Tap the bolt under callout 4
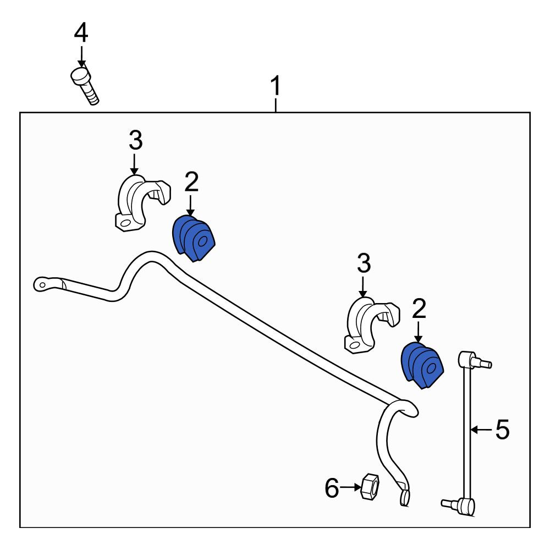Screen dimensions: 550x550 pyautogui.click(x=85, y=86)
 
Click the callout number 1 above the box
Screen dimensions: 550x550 pyautogui.click(x=276, y=86)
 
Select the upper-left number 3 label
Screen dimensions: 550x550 pyautogui.click(x=135, y=140)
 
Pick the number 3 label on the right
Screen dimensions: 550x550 pyautogui.click(x=364, y=263)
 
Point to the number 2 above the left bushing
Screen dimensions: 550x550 pyautogui.click(x=191, y=182)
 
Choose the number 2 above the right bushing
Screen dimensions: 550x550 pyautogui.click(x=419, y=309)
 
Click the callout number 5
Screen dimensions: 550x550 pyautogui.click(x=502, y=430)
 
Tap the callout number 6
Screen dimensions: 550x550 pyautogui.click(x=332, y=488)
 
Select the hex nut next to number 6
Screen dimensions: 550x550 pyautogui.click(x=370, y=487)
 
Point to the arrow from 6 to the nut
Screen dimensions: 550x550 pyautogui.click(x=350, y=487)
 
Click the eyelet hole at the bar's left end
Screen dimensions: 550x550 pyautogui.click(x=42, y=285)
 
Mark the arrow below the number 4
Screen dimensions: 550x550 pyautogui.click(x=81, y=57)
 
